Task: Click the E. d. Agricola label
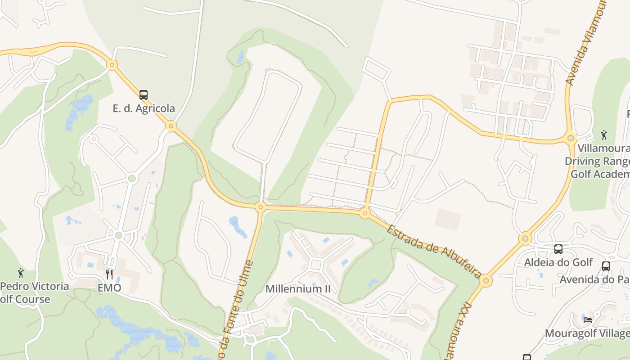144,108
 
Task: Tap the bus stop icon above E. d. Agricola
144,95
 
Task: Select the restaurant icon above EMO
109,274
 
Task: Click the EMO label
109,288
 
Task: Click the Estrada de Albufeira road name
434,251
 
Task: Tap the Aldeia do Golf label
558,262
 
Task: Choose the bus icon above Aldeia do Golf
558,249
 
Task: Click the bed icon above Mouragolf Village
588,320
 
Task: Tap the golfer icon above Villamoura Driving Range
604,135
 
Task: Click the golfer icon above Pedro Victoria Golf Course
20,273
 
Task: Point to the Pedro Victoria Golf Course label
34,292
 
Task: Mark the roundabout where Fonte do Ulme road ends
260,207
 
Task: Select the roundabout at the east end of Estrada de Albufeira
486,282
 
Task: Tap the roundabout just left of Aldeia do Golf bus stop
525,238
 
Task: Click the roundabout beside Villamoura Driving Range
571,137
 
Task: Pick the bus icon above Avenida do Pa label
606,266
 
